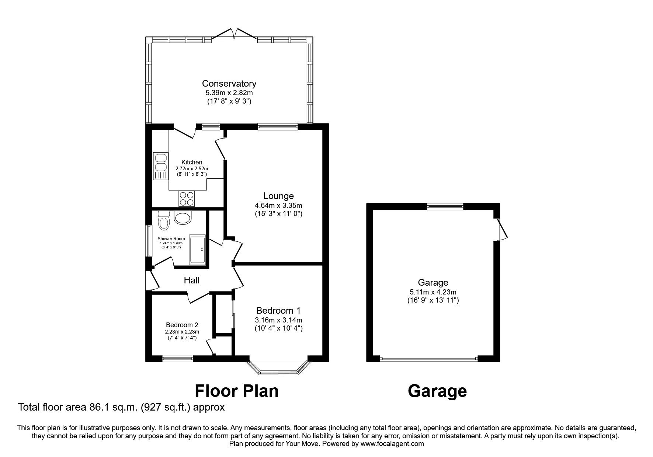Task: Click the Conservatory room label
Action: point(229,83)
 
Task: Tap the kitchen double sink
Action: point(160,163)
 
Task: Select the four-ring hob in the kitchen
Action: point(187,199)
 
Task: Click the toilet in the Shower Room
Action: point(164,220)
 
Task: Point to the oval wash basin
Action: point(183,218)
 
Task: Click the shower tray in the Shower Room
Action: point(198,250)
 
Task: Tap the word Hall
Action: point(192,280)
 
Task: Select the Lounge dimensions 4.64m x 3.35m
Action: point(278,205)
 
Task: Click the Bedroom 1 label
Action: point(278,310)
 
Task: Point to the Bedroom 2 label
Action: point(182,325)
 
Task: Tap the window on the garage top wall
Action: point(445,207)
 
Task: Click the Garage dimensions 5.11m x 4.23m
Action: point(433,292)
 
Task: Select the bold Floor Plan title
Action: point(236,391)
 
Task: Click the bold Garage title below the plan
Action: point(437,391)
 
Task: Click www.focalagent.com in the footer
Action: point(392,444)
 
